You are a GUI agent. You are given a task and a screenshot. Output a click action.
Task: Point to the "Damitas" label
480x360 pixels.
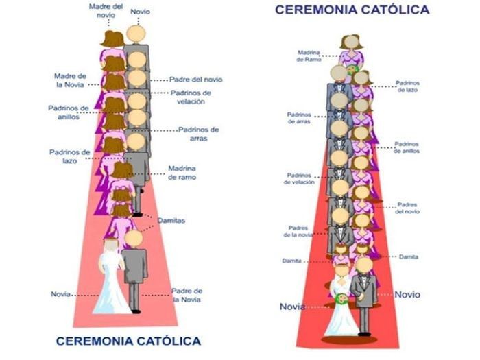(x=171, y=221)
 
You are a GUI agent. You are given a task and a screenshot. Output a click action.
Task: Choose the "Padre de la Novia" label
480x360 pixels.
(x=187, y=295)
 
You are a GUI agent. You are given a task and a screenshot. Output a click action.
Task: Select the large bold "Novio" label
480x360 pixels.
(x=407, y=294)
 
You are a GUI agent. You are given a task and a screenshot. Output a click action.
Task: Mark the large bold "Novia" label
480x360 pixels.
(x=292, y=306)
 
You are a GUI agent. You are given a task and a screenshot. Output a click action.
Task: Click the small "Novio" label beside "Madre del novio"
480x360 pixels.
(x=140, y=12)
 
